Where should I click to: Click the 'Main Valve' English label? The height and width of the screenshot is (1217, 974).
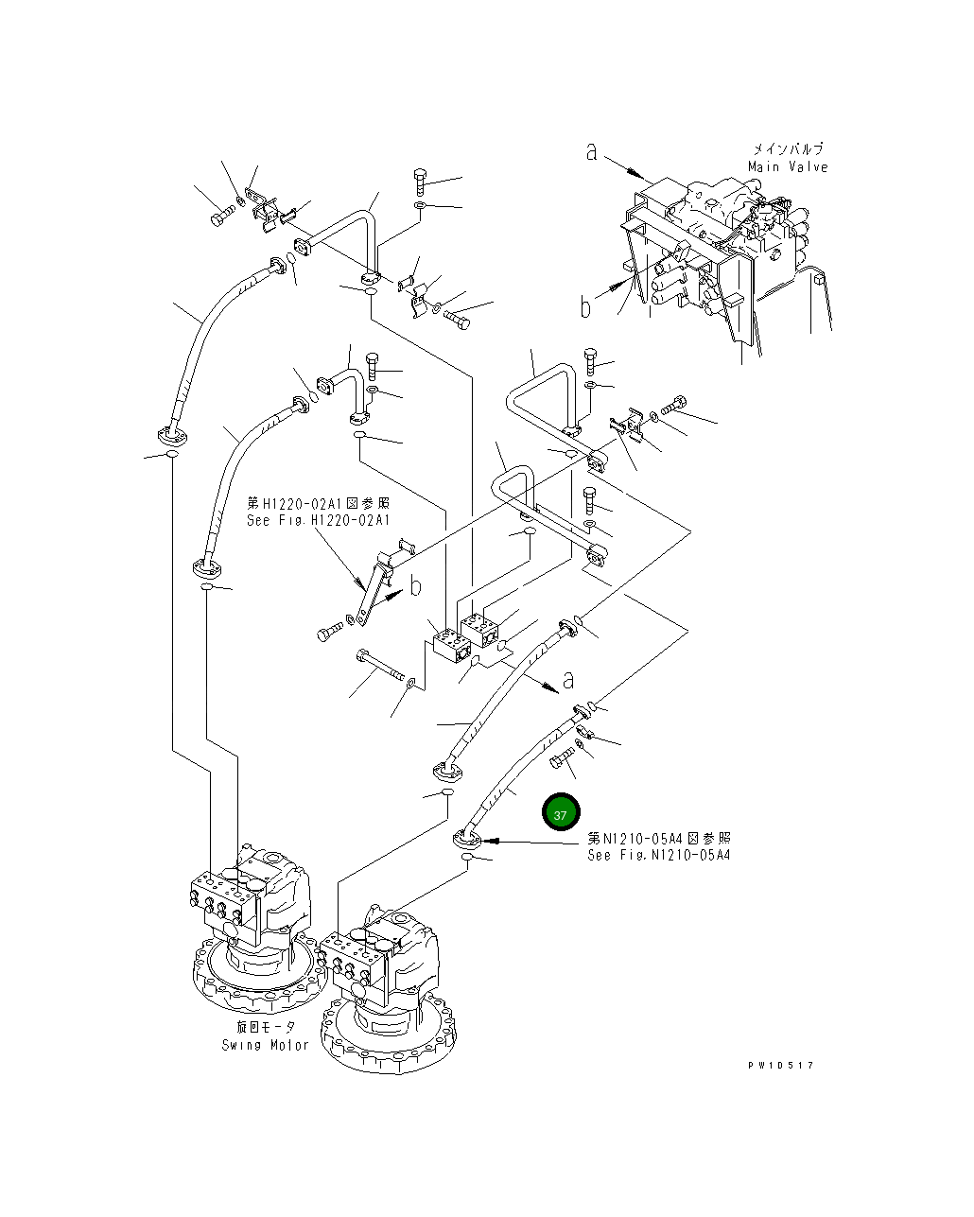(787, 167)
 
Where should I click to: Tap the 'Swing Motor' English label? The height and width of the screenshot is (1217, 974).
(266, 1045)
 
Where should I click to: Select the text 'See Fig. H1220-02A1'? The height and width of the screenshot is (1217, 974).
(318, 520)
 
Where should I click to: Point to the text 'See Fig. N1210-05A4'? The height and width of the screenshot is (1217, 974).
(658, 855)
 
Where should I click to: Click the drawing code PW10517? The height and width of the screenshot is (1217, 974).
(779, 1065)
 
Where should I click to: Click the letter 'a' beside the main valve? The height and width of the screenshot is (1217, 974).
(592, 151)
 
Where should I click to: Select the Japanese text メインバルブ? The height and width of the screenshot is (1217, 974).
(787, 149)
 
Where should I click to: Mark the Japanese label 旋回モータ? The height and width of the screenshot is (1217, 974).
(266, 1028)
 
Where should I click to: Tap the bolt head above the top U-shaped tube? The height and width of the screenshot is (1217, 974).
(421, 177)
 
